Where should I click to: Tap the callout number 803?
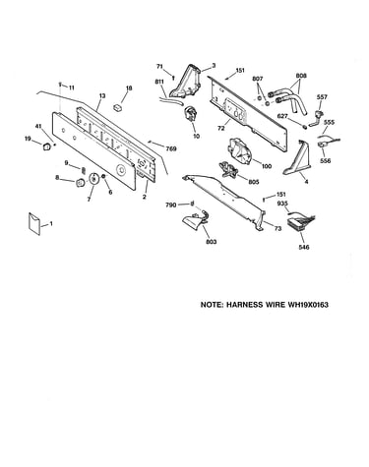click(212, 242)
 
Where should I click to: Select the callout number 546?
click(304, 248)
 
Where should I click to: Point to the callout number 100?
click(267, 166)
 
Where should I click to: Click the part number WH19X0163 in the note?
click(308, 305)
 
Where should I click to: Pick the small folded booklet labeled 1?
click(34, 224)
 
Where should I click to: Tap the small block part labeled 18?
click(118, 107)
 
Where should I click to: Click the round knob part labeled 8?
click(80, 183)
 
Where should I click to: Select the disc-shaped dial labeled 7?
click(94, 179)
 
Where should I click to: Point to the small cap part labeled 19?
click(47, 146)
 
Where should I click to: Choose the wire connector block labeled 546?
click(300, 224)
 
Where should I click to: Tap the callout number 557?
click(322, 97)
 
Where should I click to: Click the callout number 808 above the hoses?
click(301, 76)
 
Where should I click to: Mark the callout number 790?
click(171, 205)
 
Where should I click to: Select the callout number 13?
click(102, 96)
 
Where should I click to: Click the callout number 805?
click(254, 182)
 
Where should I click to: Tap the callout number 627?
click(282, 116)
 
